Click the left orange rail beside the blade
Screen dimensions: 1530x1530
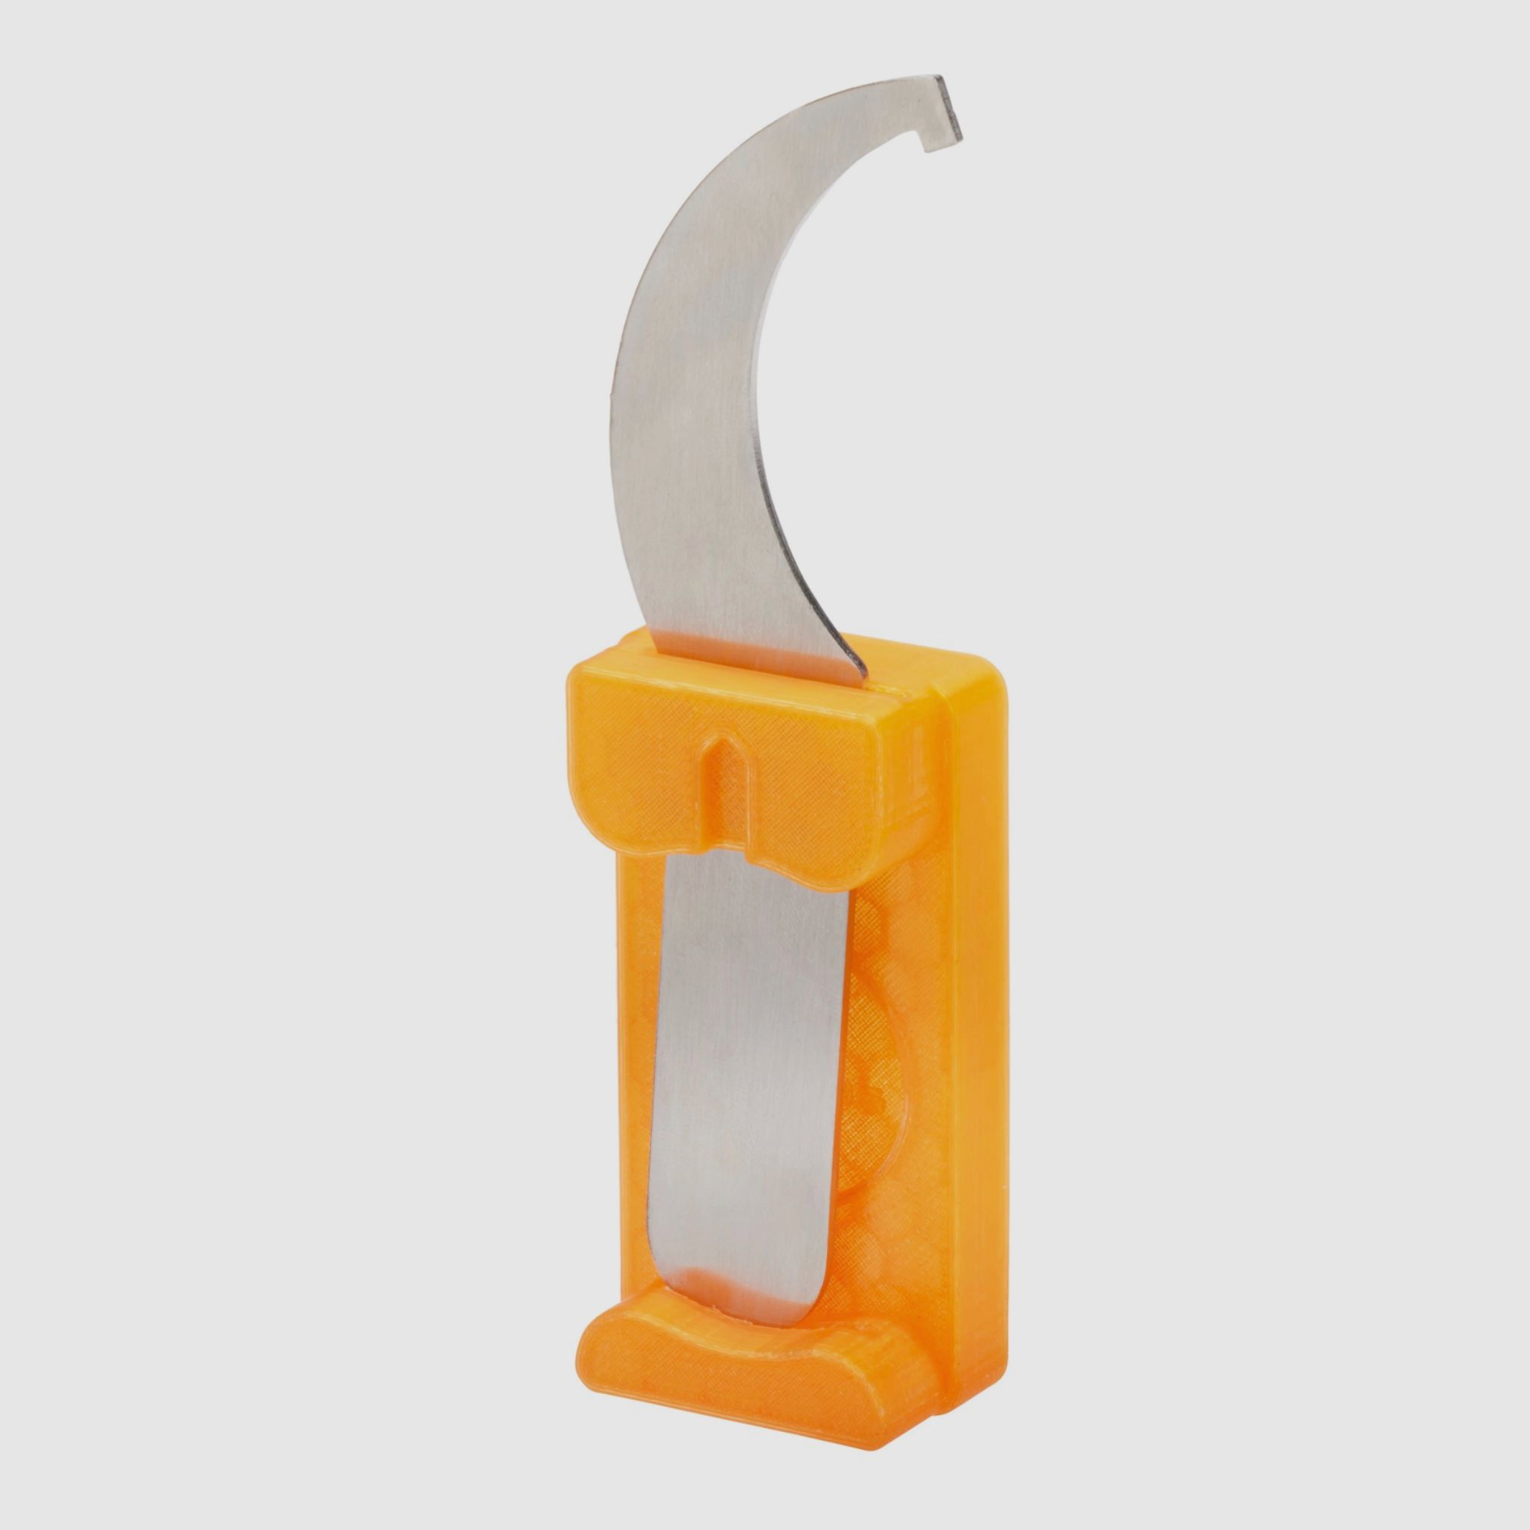click(634, 1029)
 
